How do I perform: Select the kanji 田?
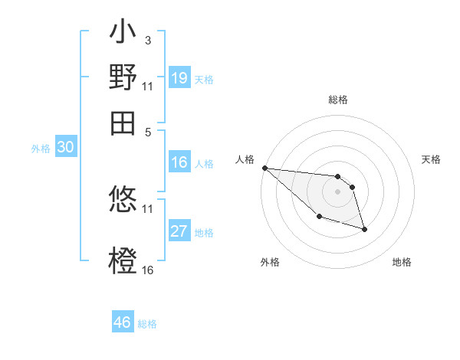(123, 123)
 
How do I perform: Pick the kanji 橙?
(123, 260)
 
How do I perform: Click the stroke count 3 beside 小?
(147, 40)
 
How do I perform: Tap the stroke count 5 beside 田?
(147, 131)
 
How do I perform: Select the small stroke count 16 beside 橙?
(148, 270)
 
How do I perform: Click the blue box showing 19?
(179, 77)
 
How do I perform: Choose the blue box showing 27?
(179, 231)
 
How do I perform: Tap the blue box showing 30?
(65, 148)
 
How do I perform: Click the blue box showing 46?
(123, 322)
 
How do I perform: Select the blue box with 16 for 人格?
(179, 162)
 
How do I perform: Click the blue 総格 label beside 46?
(147, 324)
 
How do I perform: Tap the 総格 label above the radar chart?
(337, 100)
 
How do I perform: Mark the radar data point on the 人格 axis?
(264, 168)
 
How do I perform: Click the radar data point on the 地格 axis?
(364, 229)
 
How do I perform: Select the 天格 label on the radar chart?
(432, 159)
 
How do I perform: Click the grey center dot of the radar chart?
(337, 191)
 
